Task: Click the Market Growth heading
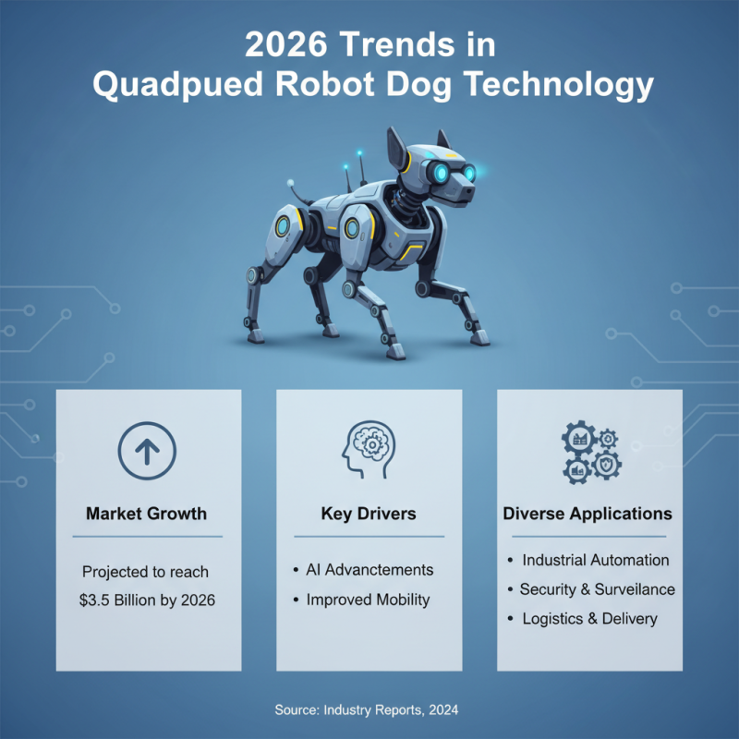147,513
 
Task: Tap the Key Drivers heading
369,513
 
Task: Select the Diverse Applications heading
588,513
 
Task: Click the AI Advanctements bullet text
369,570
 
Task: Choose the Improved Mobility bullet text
368,600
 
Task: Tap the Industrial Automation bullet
596,560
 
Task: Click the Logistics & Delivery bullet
589,619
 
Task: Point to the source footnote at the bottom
367,709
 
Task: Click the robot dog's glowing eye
442,173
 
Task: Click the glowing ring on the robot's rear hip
283,226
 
